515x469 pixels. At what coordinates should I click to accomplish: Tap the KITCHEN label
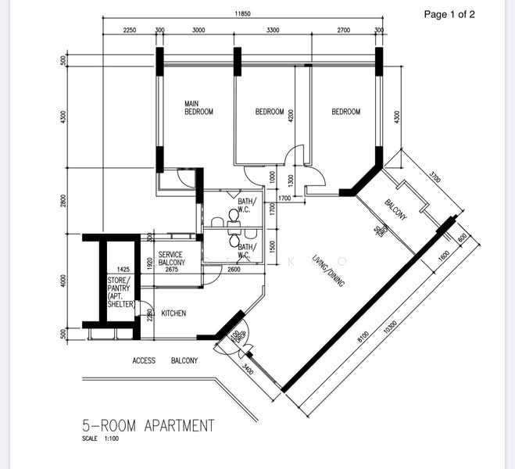point(173,313)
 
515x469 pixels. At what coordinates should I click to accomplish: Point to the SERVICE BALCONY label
point(170,259)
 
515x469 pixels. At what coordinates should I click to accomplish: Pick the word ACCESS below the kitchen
point(145,360)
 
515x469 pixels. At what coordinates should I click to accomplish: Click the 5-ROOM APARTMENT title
point(148,426)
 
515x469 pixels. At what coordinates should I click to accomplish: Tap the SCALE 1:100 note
point(102,439)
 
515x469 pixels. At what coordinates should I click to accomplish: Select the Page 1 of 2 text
point(449,14)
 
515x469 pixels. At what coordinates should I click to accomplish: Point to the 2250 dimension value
point(131,30)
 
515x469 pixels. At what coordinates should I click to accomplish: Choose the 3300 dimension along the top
point(273,30)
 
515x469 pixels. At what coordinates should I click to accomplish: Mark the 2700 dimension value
point(344,30)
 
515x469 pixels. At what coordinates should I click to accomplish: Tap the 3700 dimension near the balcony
point(435,178)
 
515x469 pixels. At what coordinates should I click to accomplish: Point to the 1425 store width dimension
point(123,270)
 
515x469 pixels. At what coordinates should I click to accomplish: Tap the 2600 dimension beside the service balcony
point(234,270)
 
